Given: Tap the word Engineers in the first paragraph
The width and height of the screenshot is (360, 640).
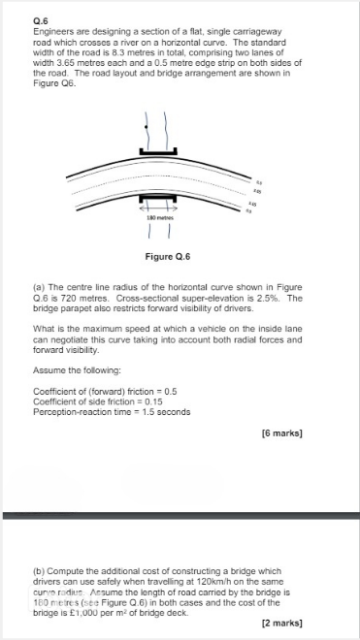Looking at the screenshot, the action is coord(52,31).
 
